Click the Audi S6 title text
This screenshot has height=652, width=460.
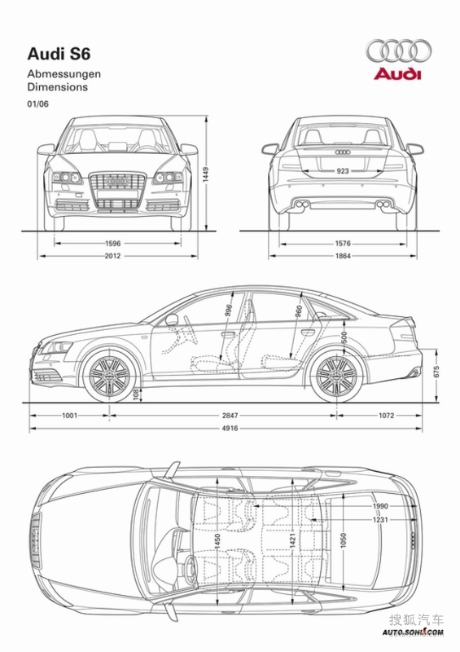pos(59,54)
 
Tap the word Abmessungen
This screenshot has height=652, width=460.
pos(64,74)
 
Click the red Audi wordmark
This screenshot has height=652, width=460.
pos(397,74)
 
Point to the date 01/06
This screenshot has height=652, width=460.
pos(37,104)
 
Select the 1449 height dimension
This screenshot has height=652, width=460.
pos(205,175)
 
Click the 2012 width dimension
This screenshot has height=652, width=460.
pos(112,256)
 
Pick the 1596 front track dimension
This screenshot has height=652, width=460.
pos(112,244)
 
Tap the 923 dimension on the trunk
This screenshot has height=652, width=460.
pos(343,171)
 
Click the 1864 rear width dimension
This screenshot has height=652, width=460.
pos(343,256)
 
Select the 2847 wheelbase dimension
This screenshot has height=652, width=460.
pos(230,416)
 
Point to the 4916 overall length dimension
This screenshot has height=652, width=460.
pos(230,428)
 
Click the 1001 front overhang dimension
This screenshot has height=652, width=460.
pos(69,416)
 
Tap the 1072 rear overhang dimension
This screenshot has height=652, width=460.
pos(386,416)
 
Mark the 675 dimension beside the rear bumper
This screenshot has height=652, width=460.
pos(436,372)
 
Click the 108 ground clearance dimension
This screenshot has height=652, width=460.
pos(136,394)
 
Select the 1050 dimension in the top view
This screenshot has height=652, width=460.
pos(344,540)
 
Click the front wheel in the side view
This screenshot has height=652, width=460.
pos(110,376)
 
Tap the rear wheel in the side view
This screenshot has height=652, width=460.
pos(336,376)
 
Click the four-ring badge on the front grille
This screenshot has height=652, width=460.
pos(116,182)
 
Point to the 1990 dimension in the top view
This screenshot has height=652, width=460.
pos(380,506)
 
